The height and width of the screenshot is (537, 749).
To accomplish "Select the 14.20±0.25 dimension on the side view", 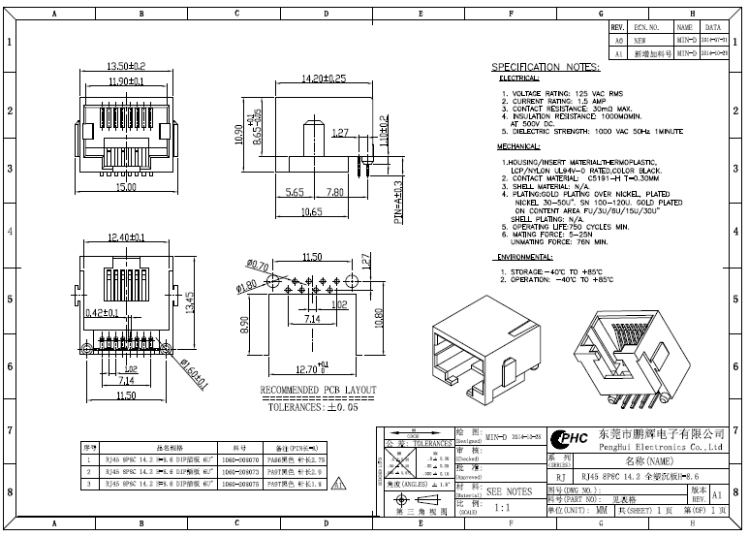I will (325, 79).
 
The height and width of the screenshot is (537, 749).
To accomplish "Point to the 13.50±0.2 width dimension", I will (125, 66).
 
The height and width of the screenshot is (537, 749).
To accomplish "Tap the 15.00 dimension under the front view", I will (125, 186).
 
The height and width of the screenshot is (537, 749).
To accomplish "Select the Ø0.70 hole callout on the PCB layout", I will (258, 265).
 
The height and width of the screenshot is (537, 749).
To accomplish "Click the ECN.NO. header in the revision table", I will (645, 28).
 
